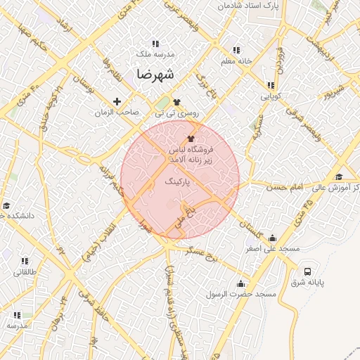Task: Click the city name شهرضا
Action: coord(156,73)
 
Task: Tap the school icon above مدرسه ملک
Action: coord(155,44)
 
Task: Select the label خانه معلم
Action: coord(236,61)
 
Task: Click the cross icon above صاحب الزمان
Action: coord(117,101)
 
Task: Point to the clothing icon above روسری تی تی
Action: coord(176,102)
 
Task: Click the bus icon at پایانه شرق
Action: coord(307,271)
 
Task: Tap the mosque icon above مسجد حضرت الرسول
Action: coord(241,283)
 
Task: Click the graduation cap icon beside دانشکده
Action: coord(6,206)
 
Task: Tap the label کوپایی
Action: coord(271,94)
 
